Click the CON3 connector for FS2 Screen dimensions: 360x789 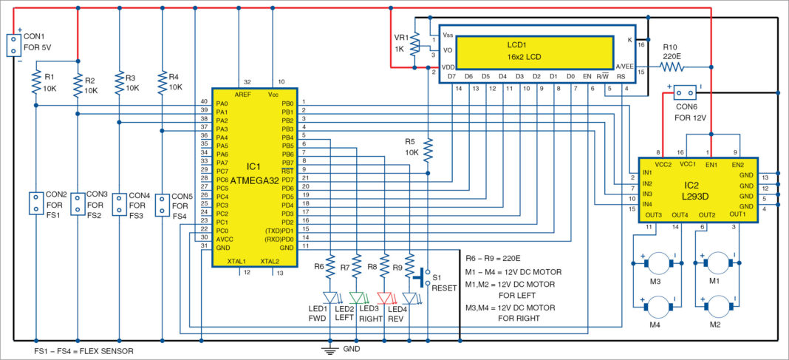click(x=78, y=205)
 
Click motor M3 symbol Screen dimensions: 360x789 click(x=652, y=263)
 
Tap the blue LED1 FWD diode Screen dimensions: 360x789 click(x=329, y=299)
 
